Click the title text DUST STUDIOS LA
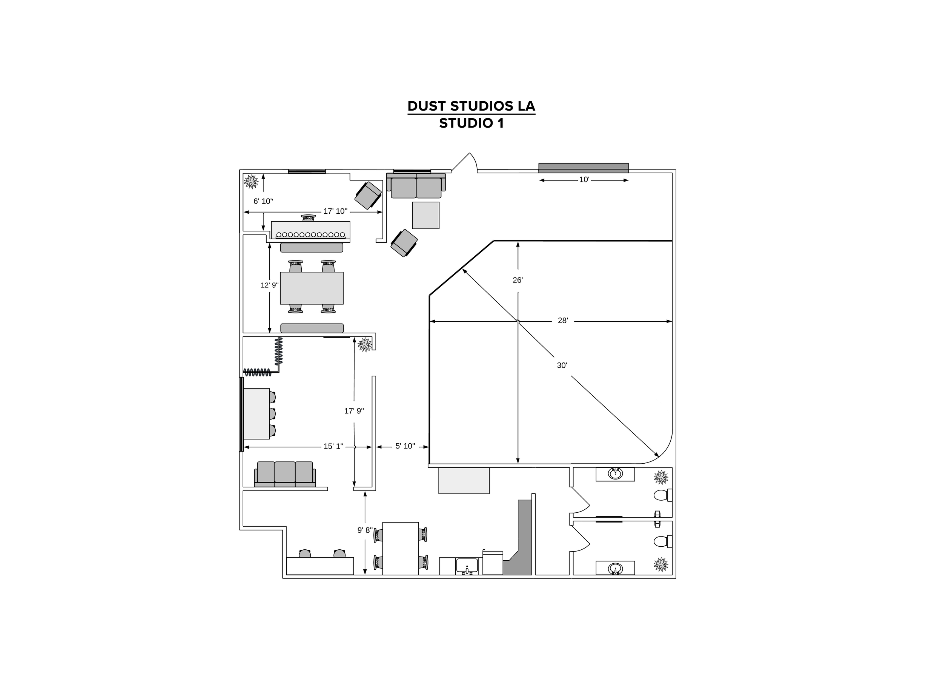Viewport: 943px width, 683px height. (471, 106)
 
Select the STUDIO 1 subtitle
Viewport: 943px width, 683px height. (471, 123)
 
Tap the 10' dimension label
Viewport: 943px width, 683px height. (584, 180)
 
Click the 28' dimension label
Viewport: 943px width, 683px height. (562, 321)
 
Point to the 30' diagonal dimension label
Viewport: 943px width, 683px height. (562, 365)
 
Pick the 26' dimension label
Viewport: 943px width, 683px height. (517, 281)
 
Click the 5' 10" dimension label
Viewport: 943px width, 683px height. (405, 446)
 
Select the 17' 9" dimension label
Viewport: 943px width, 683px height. (354, 411)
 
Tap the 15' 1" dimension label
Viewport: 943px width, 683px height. (333, 447)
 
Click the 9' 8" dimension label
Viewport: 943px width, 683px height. (365, 530)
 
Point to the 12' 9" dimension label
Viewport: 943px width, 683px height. (269, 285)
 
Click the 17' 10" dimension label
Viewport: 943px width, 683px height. (335, 211)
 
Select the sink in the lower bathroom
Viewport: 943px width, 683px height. (615, 568)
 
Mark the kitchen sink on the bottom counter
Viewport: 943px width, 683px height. (467, 566)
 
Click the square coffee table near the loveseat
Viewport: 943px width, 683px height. (425, 215)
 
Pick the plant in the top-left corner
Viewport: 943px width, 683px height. (251, 181)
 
